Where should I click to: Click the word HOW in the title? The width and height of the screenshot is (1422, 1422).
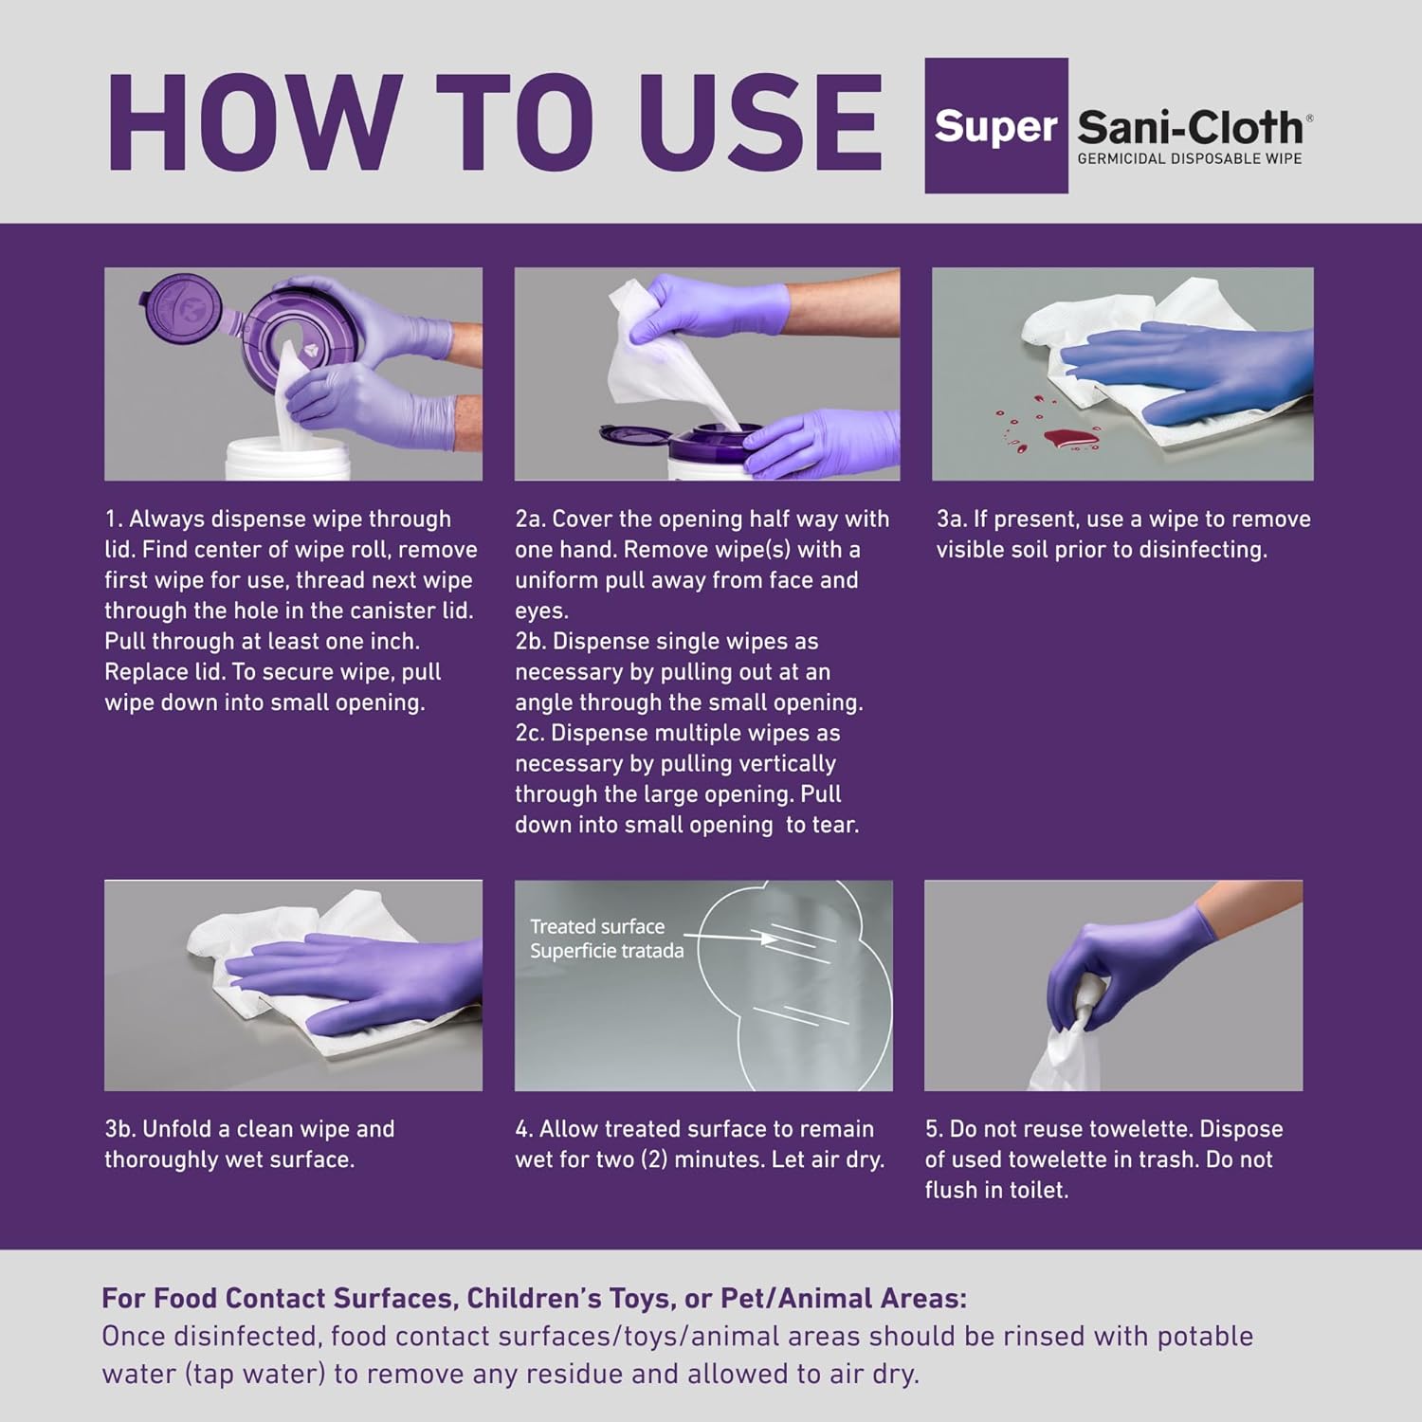255,123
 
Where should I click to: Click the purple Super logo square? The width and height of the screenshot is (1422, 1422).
996,126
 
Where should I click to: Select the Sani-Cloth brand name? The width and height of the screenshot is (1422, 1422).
1192,127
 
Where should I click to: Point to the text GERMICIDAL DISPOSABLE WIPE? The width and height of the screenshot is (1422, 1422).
1190,158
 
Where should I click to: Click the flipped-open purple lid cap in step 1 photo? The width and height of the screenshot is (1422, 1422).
180,307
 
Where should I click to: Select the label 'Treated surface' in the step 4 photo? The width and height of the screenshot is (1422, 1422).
597,926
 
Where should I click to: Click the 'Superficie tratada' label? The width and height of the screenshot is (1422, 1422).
607,951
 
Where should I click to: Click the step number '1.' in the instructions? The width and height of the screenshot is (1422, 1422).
114,519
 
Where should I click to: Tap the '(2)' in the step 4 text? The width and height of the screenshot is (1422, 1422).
655,1158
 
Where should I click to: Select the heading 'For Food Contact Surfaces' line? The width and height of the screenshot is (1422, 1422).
535,1298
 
